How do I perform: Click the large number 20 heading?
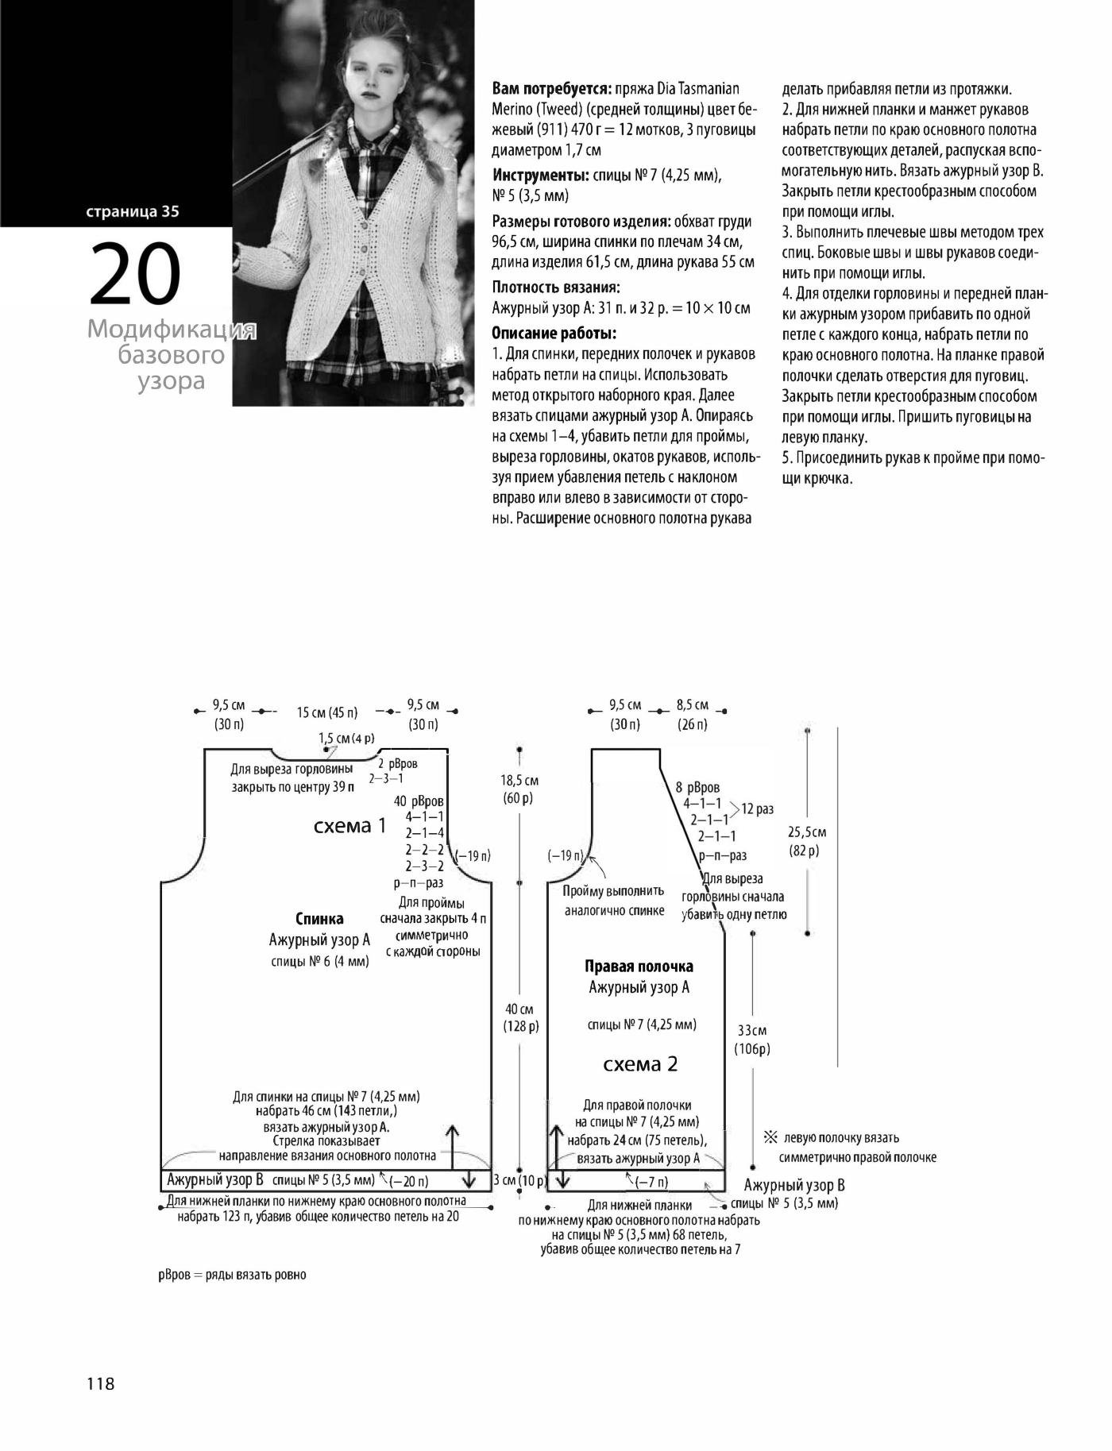135,274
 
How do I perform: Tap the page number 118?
101,1383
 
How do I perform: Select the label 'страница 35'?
133,211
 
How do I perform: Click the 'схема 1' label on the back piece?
349,826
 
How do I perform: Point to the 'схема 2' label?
640,1064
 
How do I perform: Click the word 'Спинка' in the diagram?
319,919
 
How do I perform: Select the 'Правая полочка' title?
639,967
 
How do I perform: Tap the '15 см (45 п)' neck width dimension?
327,712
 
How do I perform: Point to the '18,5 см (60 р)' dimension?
520,789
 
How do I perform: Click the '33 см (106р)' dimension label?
751,1040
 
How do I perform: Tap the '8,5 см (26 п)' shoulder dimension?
692,714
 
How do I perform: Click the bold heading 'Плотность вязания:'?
556,287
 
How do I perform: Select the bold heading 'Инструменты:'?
541,175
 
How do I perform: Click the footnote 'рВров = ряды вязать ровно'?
232,1275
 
